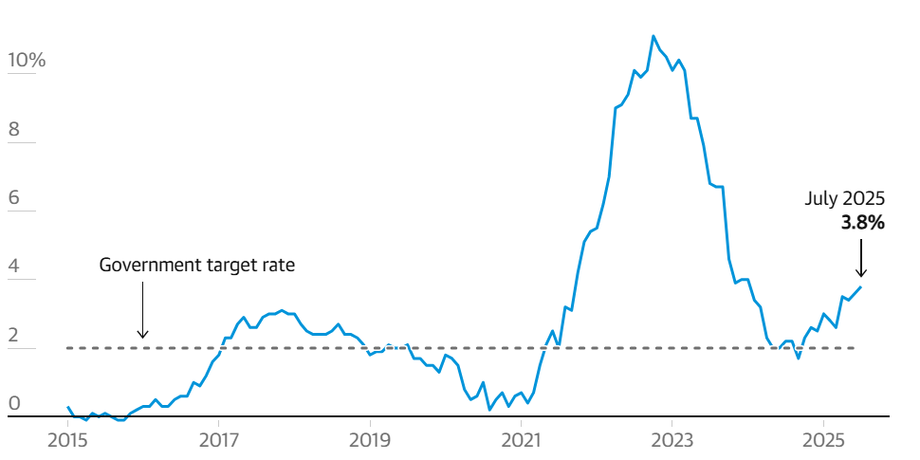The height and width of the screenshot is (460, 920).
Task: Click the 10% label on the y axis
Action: pyautogui.click(x=26, y=62)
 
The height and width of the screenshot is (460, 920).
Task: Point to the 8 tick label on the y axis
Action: pyautogui.click(x=13, y=130)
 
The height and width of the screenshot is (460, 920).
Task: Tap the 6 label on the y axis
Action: pyautogui.click(x=13, y=198)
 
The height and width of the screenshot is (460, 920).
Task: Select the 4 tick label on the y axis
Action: pyautogui.click(x=13, y=267)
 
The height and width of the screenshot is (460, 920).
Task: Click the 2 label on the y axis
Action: pyautogui.click(x=13, y=336)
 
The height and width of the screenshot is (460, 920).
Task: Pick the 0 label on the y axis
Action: pyautogui.click(x=13, y=404)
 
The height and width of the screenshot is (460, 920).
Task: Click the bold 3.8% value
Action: pyautogui.click(x=862, y=224)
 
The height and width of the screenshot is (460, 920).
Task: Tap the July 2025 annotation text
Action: pyautogui.click(x=845, y=199)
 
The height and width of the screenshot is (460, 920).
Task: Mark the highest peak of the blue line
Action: pyautogui.click(x=653, y=36)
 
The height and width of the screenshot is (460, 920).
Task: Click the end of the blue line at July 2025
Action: pyautogui.click(x=861, y=286)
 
